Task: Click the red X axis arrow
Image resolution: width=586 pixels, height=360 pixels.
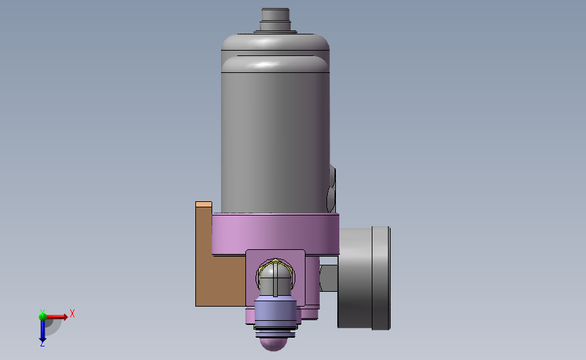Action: [56, 317]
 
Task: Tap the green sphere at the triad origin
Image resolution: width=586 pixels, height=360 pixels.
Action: [43, 317]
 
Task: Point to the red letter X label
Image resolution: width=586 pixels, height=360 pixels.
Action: [72, 313]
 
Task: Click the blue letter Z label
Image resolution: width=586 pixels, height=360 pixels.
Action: [42, 344]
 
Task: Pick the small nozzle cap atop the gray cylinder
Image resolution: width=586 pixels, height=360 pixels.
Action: [276, 20]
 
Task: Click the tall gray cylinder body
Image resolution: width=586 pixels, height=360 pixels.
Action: [276, 142]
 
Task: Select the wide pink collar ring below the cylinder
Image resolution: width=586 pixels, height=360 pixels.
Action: [276, 234]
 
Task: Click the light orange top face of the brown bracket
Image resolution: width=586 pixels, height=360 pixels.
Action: [203, 204]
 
